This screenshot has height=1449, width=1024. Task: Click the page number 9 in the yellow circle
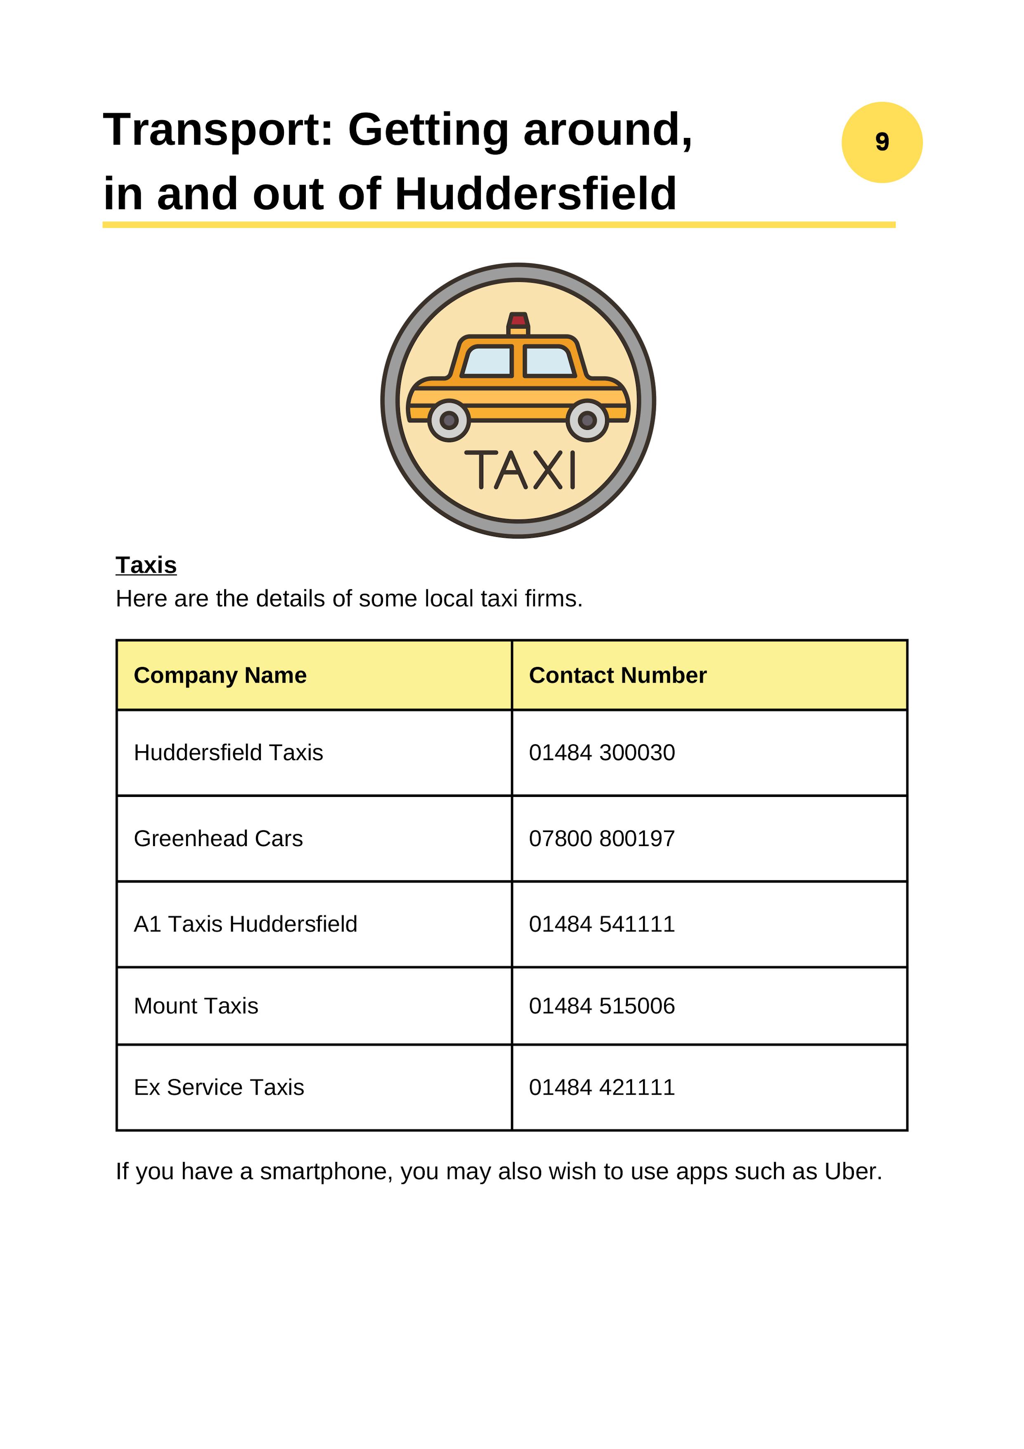pyautogui.click(x=882, y=142)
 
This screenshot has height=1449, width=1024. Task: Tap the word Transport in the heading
pyautogui.click(x=218, y=130)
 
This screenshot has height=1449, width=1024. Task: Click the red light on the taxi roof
pyautogui.click(x=518, y=320)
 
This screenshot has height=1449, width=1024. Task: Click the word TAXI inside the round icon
pyautogui.click(x=520, y=470)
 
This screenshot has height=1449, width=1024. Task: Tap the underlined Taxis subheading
pyautogui.click(x=146, y=565)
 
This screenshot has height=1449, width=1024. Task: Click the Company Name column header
pyautogui.click(x=220, y=675)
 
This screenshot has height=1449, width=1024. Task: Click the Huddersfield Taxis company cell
pyautogui.click(x=228, y=752)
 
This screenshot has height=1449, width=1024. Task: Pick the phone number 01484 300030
pyautogui.click(x=601, y=752)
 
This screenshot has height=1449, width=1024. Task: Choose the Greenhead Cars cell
pyautogui.click(x=218, y=838)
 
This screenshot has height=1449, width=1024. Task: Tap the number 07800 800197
pyautogui.click(x=601, y=838)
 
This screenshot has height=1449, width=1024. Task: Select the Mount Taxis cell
pyautogui.click(x=196, y=1006)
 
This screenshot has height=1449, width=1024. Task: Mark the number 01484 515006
pyautogui.click(x=601, y=1006)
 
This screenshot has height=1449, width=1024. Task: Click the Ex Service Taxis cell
pyautogui.click(x=219, y=1087)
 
